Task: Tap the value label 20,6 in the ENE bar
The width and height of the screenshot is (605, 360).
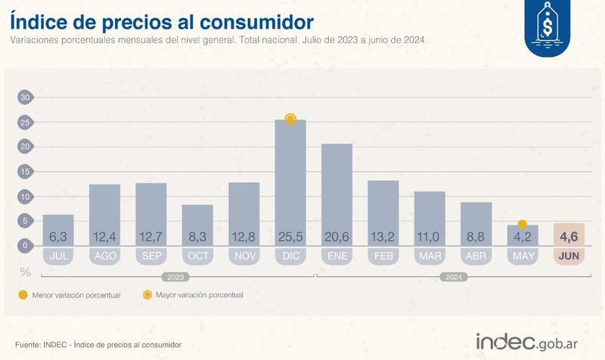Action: pos(337,237)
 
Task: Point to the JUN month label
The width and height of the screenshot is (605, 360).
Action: pos(569,256)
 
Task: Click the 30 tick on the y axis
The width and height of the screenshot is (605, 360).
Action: pos(25,98)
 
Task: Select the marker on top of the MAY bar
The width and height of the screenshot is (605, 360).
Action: pos(522,225)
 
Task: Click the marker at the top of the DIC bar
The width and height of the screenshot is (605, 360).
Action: pos(290,119)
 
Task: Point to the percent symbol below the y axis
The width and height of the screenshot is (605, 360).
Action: pos(25,271)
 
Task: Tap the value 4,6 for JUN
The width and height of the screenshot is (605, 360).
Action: pos(569,237)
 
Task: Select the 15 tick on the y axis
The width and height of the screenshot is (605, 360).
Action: pos(25,172)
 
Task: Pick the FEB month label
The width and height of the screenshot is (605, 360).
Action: pos(383,256)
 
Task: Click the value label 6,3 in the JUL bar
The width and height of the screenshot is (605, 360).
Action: pos(58,237)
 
